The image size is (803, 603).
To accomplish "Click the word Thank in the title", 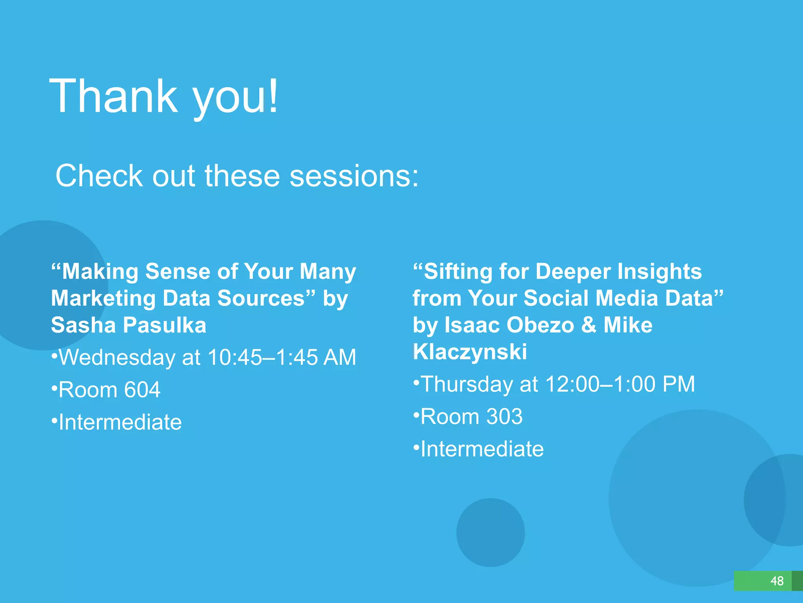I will click(114, 96).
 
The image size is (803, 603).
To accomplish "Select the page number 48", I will click(777, 581).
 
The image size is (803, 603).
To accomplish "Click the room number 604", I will click(142, 390).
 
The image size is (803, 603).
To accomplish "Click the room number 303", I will click(504, 416).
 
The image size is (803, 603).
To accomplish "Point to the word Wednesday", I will click(117, 357).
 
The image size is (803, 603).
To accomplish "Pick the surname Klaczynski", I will click(470, 352).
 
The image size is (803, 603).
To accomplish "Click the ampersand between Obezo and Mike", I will click(589, 325).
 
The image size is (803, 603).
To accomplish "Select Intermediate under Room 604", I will click(120, 422).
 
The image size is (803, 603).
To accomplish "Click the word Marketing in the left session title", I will click(104, 298).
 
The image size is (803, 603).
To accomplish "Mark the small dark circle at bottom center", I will click(490, 532).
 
